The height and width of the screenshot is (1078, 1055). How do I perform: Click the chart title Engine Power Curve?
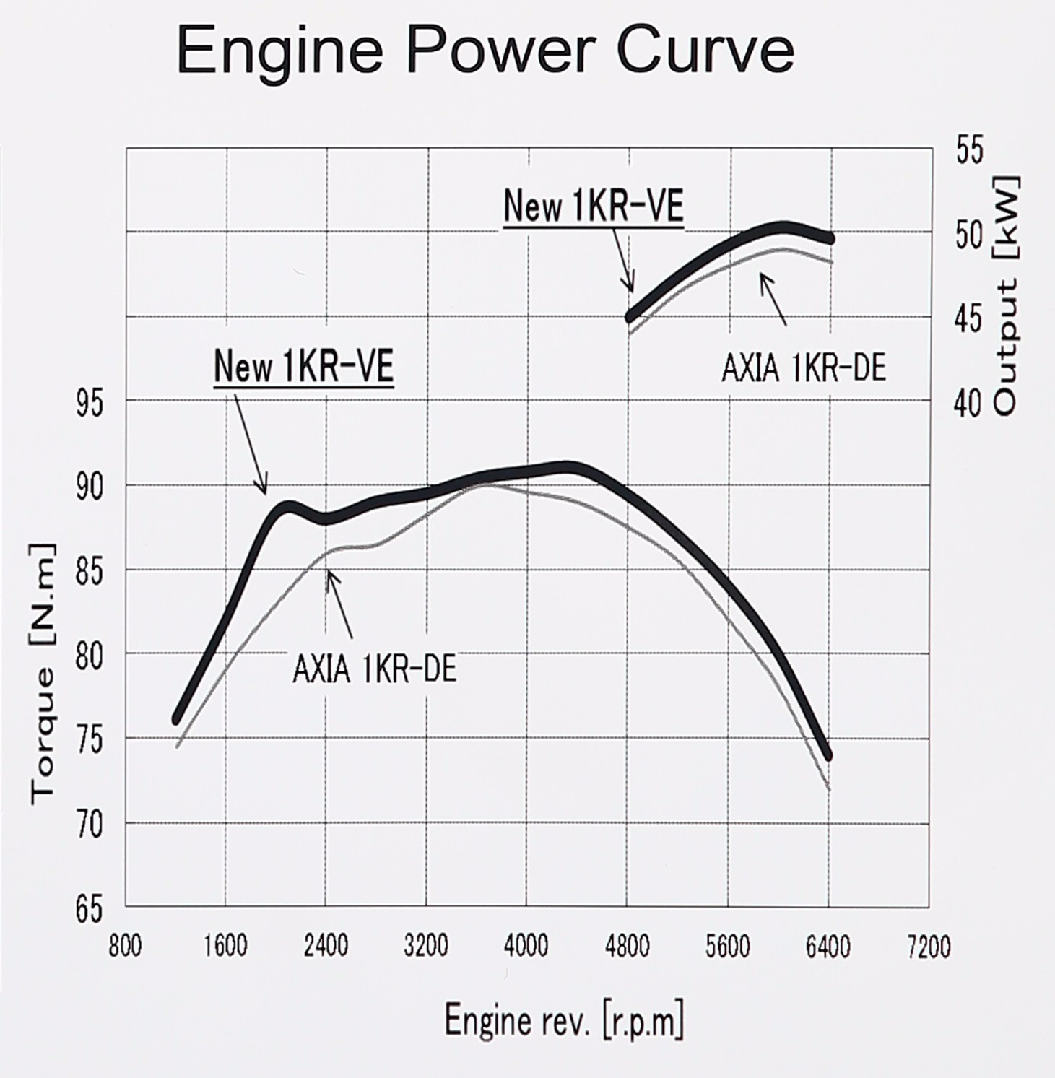(485, 50)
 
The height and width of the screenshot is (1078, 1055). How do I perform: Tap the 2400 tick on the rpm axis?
(326, 945)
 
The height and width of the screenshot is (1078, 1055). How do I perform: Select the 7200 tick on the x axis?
(929, 946)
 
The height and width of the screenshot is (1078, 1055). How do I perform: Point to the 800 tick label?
(125, 946)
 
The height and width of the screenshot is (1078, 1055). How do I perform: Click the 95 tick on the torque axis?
(90, 402)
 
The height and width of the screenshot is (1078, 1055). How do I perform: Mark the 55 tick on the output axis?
(968, 150)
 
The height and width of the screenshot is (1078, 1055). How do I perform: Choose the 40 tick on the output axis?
(968, 402)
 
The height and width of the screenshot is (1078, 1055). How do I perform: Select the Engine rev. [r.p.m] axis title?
(563, 1020)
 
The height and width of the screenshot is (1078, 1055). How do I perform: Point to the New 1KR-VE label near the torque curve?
(303, 367)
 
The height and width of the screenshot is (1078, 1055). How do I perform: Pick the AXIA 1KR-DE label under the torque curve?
(374, 670)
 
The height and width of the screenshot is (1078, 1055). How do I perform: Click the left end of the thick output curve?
(630, 317)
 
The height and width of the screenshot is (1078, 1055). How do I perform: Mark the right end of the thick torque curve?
(828, 756)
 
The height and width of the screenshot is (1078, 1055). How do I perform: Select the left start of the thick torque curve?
(176, 719)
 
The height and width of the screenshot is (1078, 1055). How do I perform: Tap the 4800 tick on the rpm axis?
(627, 945)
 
